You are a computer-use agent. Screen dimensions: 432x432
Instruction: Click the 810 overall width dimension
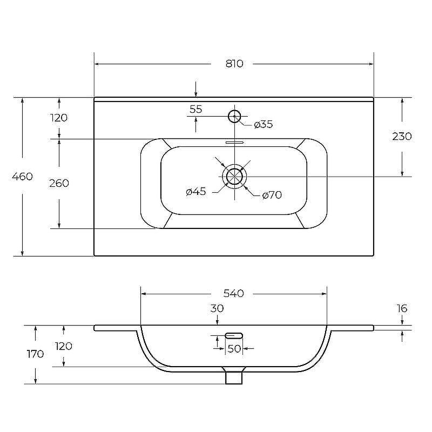point(234,64)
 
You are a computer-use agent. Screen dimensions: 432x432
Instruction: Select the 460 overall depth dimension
point(22,177)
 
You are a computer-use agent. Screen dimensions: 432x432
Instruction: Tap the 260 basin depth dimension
point(59,183)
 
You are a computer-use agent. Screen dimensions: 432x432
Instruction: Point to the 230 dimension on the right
point(402,137)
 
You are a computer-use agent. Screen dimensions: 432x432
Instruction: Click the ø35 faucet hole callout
point(264,125)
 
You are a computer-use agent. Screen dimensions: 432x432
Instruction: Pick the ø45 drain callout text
point(196,191)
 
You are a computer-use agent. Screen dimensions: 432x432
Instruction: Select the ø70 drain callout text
point(272,195)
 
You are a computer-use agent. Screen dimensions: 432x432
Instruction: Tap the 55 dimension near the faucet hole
point(196,109)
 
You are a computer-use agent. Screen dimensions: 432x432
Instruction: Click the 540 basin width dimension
point(234,293)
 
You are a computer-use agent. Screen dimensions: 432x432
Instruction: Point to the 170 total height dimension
point(35,354)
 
